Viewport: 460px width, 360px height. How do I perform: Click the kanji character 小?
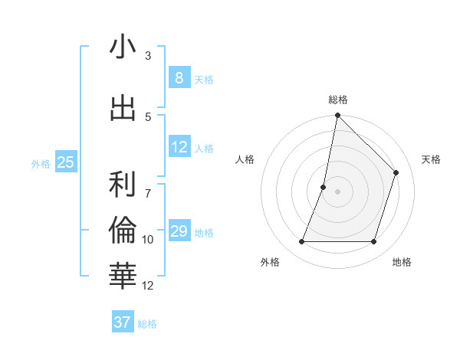pos(123,47)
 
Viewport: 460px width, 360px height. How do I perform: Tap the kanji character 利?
pos(123,184)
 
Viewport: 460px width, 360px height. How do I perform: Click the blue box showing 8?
pos(179,78)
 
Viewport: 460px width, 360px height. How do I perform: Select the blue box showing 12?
pos(179,147)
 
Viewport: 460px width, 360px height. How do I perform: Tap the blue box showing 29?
pos(179,231)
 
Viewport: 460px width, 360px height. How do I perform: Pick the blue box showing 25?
pos(65,162)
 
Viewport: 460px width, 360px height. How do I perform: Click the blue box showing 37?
pos(122,322)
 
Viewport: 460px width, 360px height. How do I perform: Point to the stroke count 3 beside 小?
pos(148,56)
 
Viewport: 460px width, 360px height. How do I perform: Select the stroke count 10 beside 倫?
pos(148,240)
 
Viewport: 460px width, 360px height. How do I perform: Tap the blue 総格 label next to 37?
pos(147,324)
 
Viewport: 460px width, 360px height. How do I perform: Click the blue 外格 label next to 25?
pos(41,163)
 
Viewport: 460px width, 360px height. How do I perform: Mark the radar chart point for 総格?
pos(337,115)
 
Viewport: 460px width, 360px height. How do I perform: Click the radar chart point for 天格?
pos(396,172)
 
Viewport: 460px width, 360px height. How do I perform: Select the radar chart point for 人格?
pos(324,187)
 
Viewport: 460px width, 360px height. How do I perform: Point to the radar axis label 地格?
pos(402,262)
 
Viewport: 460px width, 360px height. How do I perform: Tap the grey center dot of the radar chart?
pos(337,191)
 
